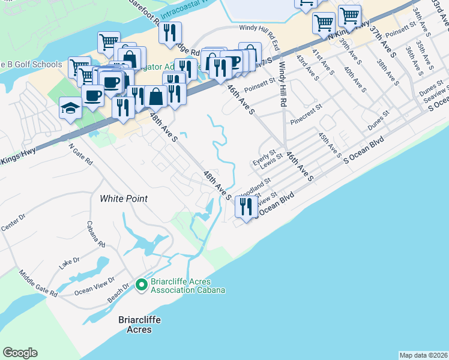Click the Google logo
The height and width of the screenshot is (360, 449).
(20, 353)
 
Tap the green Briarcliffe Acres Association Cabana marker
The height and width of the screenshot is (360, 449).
(142, 284)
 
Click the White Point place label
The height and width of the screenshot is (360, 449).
(124, 199)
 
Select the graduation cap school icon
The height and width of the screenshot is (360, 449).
(70, 109)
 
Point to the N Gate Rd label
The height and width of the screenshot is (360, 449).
(80, 154)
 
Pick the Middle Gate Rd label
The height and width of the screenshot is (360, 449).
(37, 283)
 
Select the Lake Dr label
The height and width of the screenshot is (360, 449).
(69, 262)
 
